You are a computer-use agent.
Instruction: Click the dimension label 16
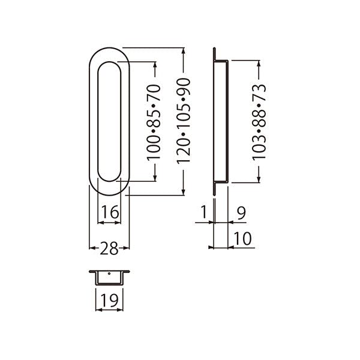click(x=110, y=212)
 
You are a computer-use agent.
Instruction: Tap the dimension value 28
click(x=109, y=248)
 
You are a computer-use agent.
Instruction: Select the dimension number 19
click(x=110, y=301)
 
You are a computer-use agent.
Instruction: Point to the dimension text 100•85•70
click(x=154, y=122)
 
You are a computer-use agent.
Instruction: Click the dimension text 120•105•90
click(x=184, y=121)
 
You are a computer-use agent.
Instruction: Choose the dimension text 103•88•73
click(x=259, y=122)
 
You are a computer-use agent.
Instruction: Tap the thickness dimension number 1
click(x=204, y=212)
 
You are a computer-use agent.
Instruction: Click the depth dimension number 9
click(x=241, y=213)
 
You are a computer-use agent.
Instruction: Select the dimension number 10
click(x=242, y=239)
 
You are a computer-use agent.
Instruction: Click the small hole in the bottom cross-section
click(x=109, y=274)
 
